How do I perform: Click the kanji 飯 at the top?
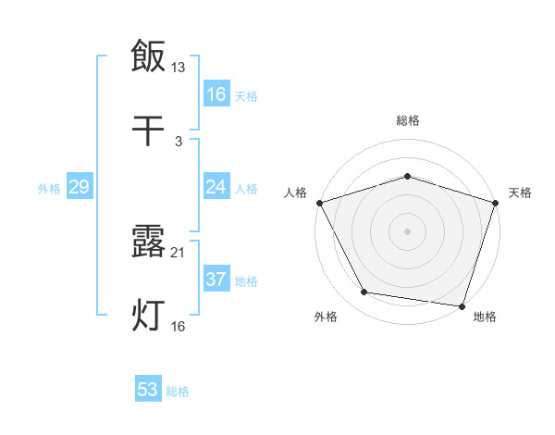(x=148, y=56)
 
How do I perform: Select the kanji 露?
(x=148, y=242)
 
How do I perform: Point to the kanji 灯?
(x=148, y=316)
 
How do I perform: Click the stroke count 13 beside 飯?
(x=179, y=67)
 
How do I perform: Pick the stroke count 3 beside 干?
(x=179, y=141)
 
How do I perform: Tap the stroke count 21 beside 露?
(x=179, y=253)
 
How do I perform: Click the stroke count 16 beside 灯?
(x=179, y=327)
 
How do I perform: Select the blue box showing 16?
(x=216, y=94)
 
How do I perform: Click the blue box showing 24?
(x=216, y=187)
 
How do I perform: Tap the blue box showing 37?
(x=216, y=280)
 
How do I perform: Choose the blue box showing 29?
(x=79, y=187)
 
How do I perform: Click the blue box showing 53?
(x=148, y=390)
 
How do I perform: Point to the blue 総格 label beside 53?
(x=178, y=391)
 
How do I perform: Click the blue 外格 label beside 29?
(x=49, y=189)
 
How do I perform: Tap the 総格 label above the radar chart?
(x=407, y=120)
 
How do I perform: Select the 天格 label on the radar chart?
(x=521, y=193)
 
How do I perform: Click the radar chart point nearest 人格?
(x=319, y=203)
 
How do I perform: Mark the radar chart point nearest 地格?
(x=462, y=305)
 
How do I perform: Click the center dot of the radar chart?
(x=407, y=230)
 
